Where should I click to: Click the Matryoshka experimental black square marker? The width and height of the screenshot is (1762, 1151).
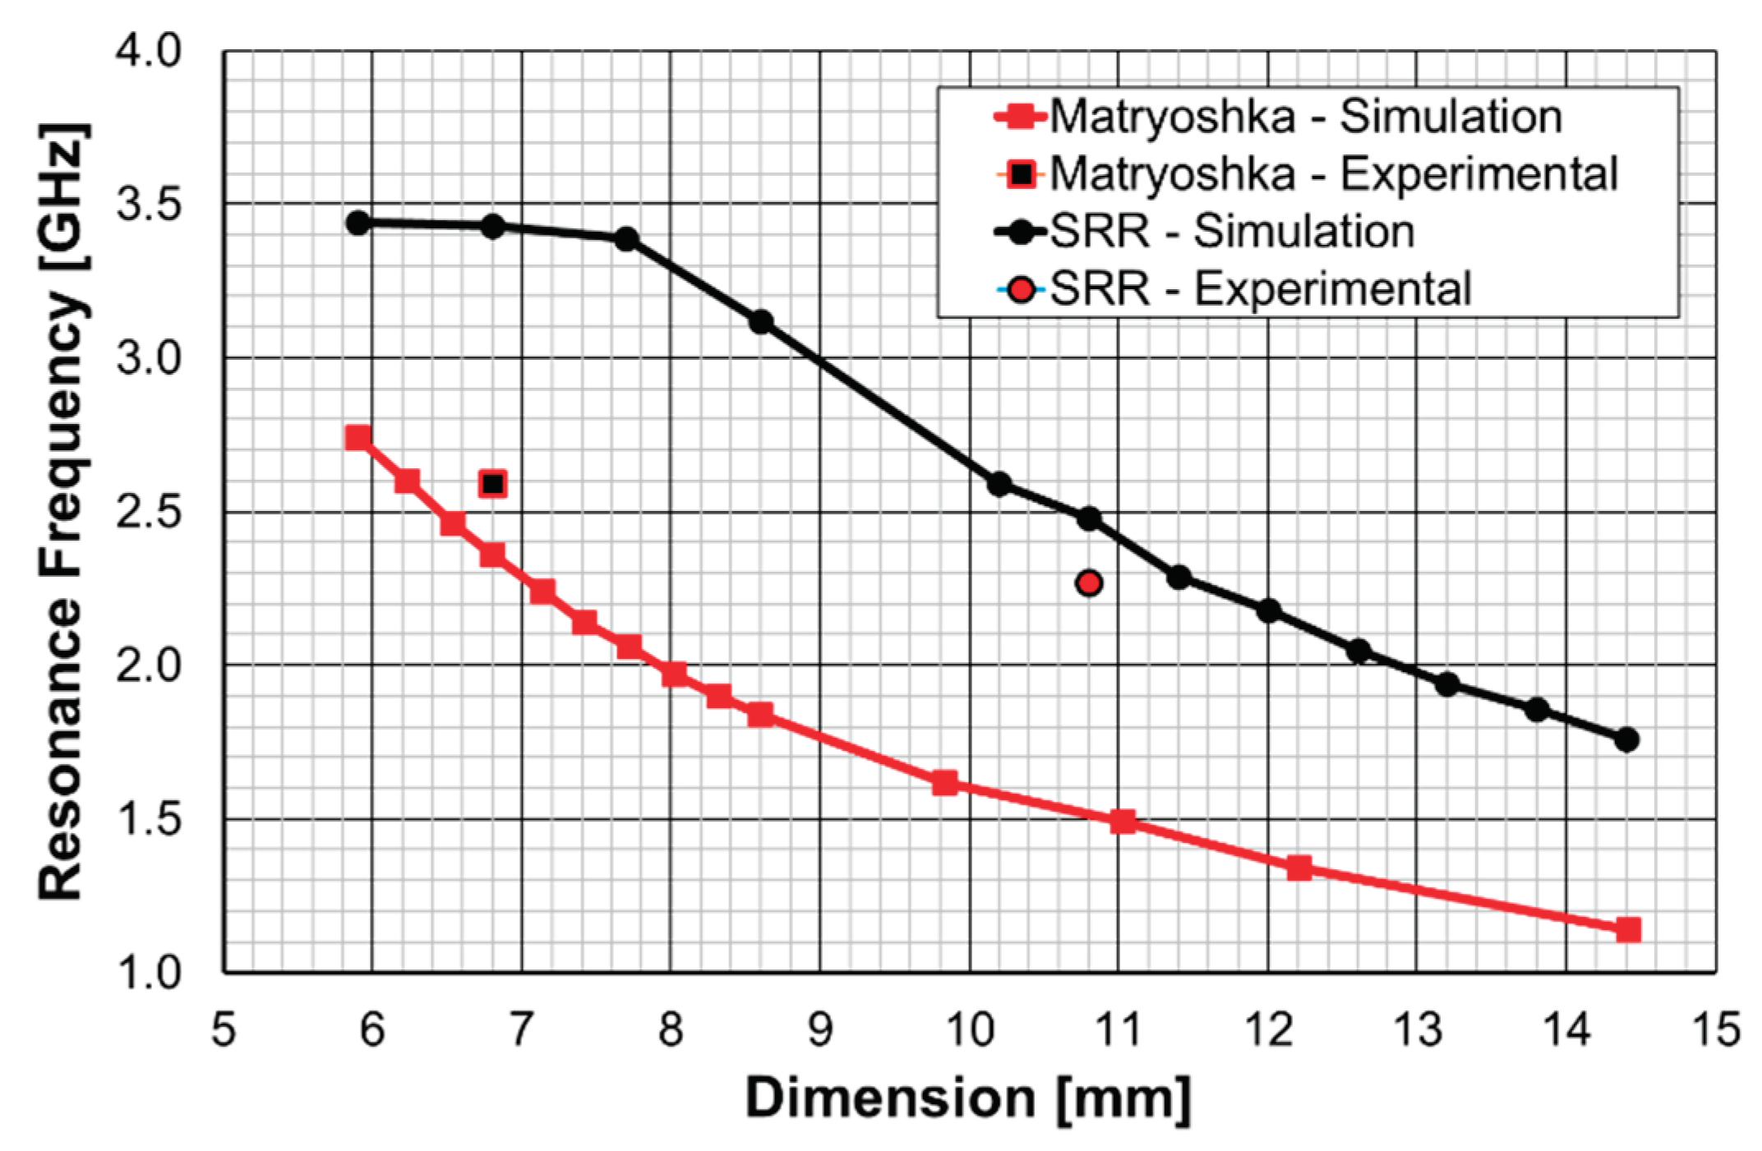(492, 484)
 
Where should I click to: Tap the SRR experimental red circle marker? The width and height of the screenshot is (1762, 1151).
(1089, 583)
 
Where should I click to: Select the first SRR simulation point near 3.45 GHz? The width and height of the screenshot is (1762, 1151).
(357, 223)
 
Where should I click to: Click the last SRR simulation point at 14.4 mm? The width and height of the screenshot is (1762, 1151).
(1626, 740)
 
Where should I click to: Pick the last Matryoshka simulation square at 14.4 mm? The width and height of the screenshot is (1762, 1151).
(1628, 930)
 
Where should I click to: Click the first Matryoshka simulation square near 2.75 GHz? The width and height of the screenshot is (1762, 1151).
(357, 438)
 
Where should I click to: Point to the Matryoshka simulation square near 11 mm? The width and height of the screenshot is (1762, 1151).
(1123, 822)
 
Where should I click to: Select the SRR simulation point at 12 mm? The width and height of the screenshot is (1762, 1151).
(1268, 610)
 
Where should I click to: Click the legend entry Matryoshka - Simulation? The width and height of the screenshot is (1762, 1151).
(1305, 117)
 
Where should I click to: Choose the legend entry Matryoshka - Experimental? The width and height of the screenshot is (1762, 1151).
(1333, 174)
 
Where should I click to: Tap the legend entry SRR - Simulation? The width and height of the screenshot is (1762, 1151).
(1231, 231)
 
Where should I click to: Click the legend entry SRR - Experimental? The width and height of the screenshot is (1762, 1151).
(1259, 288)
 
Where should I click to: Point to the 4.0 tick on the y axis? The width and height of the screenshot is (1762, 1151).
(148, 51)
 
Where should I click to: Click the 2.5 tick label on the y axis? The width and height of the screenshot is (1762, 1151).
(148, 513)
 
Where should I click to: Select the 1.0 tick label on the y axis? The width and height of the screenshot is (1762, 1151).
(148, 973)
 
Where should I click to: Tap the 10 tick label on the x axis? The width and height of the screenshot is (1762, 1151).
(970, 1029)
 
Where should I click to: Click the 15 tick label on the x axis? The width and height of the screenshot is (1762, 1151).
(1716, 1029)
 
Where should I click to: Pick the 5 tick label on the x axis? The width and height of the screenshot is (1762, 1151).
(224, 1029)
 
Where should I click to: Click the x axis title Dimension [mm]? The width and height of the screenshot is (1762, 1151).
(968, 1098)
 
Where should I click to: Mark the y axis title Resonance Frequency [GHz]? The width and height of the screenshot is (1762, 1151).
(62, 513)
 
